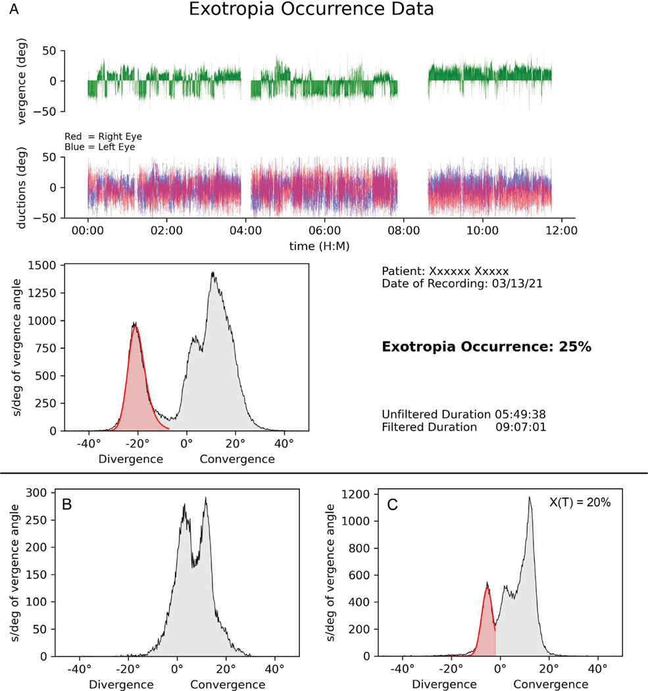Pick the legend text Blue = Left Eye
100,147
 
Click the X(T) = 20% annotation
580,502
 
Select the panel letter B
67,505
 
